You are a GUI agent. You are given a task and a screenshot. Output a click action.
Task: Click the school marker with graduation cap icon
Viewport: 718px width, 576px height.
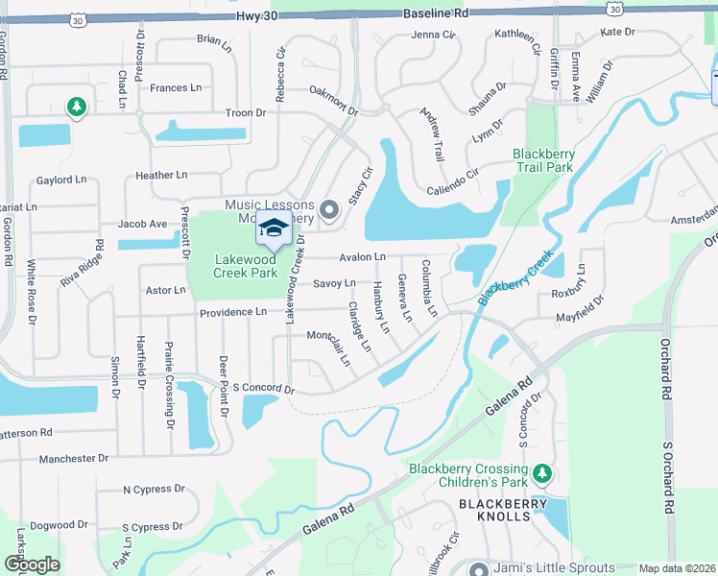point(274,228)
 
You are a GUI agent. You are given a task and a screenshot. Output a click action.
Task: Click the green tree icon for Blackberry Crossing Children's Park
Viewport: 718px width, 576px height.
point(542,473)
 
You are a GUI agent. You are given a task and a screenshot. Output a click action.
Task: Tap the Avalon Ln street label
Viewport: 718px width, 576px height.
point(362,257)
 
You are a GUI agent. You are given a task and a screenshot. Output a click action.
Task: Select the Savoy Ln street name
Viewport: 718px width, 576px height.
point(335,283)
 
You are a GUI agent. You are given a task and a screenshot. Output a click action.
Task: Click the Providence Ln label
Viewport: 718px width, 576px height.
point(233,312)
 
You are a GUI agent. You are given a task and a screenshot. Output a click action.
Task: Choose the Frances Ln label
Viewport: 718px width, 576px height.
point(176,87)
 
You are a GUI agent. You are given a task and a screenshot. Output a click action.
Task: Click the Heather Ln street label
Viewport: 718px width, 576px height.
point(160,176)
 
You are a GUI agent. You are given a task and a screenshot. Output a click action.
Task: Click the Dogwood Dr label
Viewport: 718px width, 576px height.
point(59,525)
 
